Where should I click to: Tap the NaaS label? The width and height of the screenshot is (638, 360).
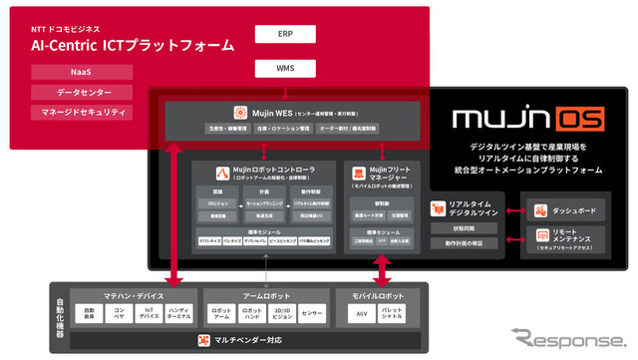coord(82,73)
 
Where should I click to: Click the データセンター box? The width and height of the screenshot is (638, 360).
coord(82,92)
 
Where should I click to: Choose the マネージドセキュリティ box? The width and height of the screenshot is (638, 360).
coord(82,111)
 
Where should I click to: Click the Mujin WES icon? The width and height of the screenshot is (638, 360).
coord(240,113)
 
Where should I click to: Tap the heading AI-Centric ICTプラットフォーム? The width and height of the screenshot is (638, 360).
coord(136,45)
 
